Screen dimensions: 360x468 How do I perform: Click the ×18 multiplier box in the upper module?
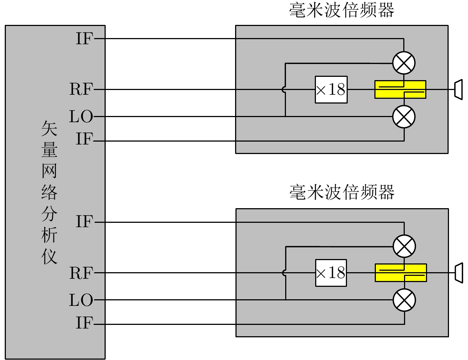click(x=331, y=90)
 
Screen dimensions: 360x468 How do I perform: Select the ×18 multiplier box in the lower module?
click(x=331, y=273)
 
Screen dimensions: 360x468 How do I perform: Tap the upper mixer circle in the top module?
click(x=404, y=63)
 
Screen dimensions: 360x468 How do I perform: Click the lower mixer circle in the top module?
click(x=404, y=117)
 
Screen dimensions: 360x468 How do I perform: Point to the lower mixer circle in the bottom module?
click(x=404, y=300)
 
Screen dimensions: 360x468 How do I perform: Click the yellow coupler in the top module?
click(x=400, y=90)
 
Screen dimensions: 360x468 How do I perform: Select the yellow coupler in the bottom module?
click(x=401, y=273)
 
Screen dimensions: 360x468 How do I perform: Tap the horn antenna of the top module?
click(x=458, y=90)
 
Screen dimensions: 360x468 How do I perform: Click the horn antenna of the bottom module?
click(x=458, y=273)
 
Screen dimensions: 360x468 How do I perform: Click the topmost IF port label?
click(x=84, y=38)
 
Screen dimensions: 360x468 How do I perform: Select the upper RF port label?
click(x=81, y=89)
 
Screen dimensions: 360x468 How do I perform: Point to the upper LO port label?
click(x=81, y=117)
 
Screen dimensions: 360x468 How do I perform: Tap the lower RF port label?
click(x=81, y=273)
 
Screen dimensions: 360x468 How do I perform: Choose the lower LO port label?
click(x=81, y=300)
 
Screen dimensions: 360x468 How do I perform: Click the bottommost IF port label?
click(x=84, y=323)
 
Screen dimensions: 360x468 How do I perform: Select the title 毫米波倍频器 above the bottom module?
click(x=342, y=192)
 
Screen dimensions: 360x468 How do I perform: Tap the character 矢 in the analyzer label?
click(x=49, y=129)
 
